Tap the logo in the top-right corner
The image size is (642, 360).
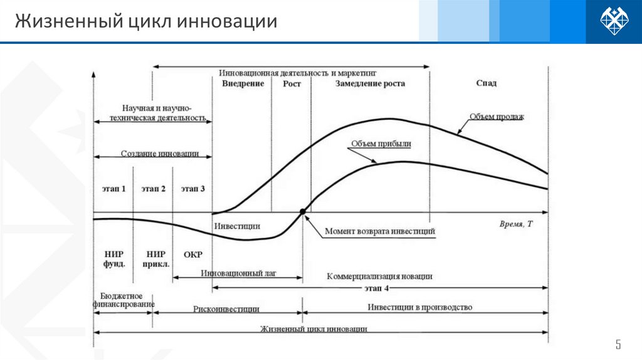[614, 21]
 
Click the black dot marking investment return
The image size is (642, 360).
[303, 212]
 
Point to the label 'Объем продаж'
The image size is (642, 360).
[496, 117]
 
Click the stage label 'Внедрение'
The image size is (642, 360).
[243, 83]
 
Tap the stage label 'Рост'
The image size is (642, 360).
[292, 83]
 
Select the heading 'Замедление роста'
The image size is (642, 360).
[370, 83]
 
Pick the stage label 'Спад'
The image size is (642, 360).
[487, 83]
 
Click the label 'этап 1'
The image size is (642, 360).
[113, 188]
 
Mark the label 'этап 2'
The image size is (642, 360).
[154, 188]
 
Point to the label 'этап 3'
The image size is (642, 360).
[192, 188]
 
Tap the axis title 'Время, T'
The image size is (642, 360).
[517, 224]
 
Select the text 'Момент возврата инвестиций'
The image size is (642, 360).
[380, 231]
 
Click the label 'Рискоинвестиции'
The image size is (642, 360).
[226, 309]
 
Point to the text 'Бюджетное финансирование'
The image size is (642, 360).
[124, 300]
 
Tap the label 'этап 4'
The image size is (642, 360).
[378, 288]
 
